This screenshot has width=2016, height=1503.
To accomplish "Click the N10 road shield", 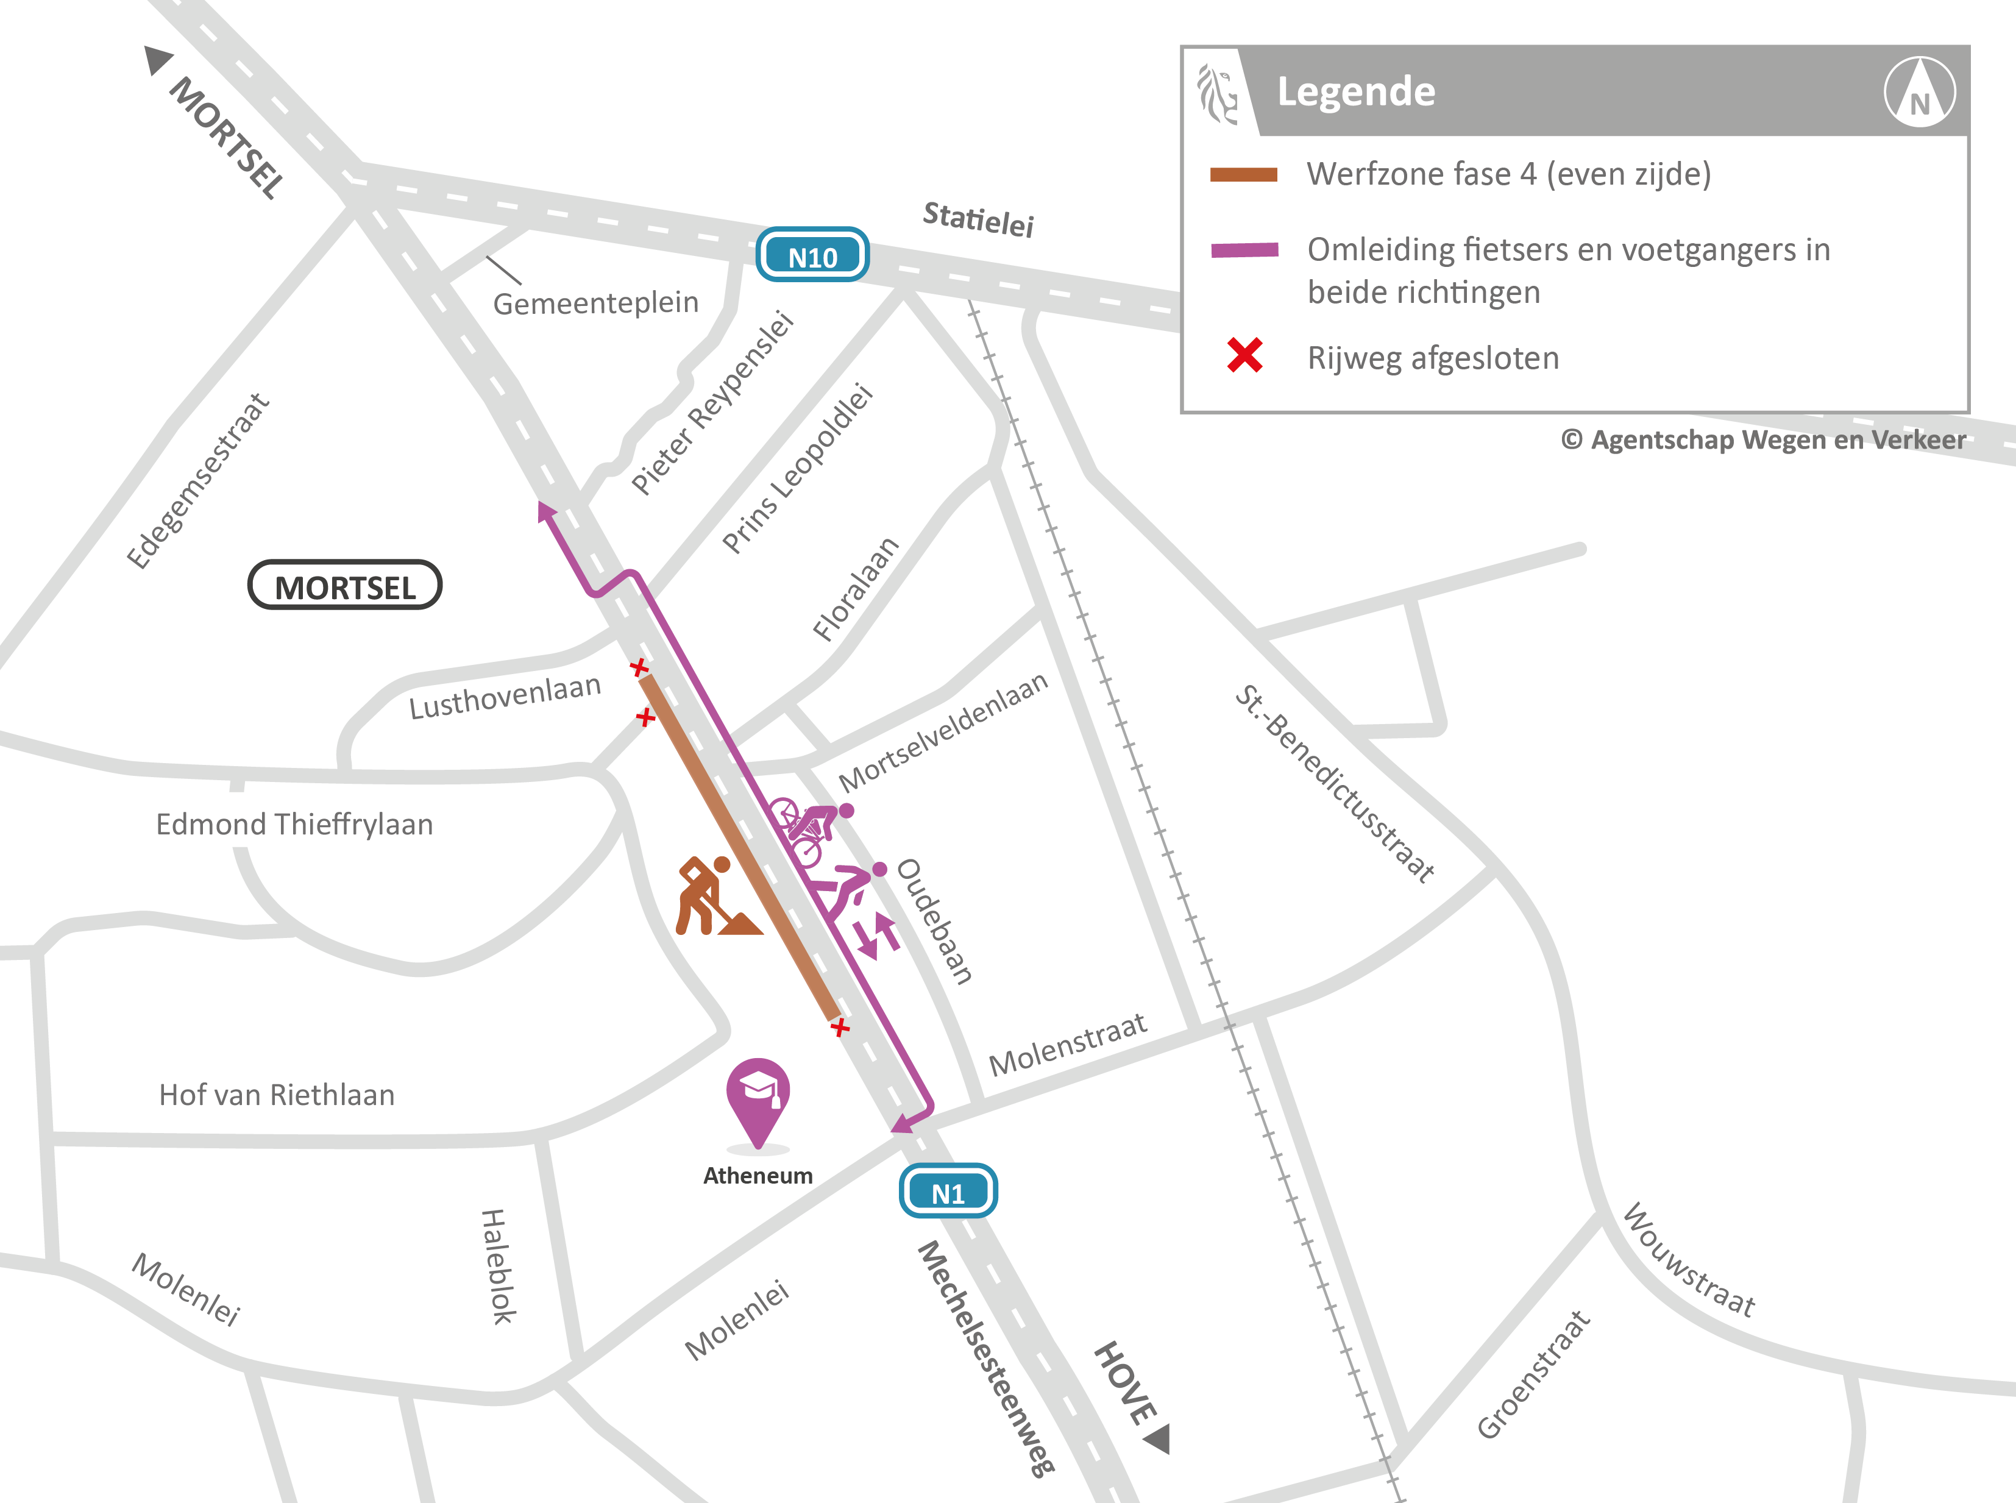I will point(812,255).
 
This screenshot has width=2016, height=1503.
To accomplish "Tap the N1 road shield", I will point(948,1191).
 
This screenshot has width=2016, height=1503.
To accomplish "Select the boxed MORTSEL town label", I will point(345,586).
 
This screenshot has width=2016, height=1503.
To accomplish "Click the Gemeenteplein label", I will point(596,302).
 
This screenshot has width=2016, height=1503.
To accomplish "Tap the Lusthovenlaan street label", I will point(505,696).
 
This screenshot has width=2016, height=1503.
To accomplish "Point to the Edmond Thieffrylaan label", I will point(294,824).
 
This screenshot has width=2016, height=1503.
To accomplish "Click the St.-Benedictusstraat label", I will point(1333,783).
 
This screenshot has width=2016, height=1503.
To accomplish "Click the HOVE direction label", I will point(1126,1382).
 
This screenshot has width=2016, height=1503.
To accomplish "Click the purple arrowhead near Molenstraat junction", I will point(903,1125).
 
